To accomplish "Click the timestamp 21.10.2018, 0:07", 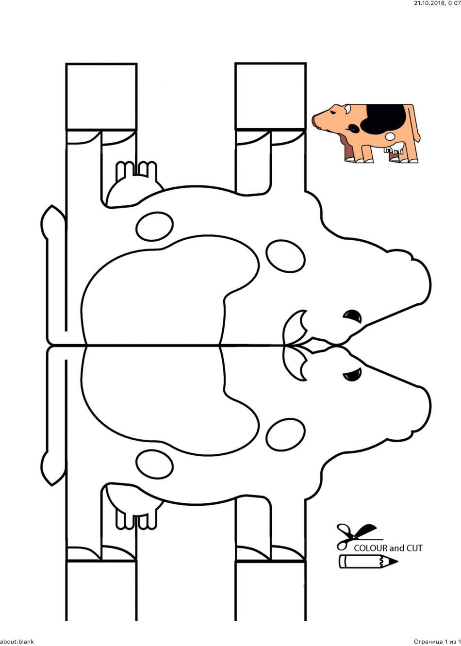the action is tap(437, 3).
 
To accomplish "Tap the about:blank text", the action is tap(17, 642).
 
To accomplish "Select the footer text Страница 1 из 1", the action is tap(437, 642).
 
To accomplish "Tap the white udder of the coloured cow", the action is tap(394, 148).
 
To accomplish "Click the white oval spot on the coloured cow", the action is tap(390, 136).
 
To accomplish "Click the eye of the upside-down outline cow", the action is tap(352, 316).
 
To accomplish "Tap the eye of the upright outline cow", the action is tap(352, 375).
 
